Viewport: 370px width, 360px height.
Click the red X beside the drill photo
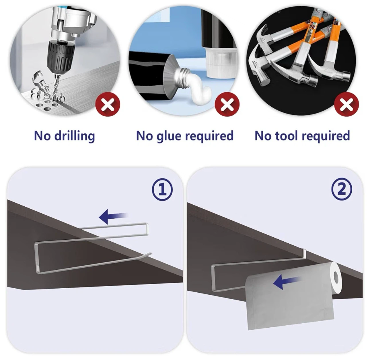point(108,104)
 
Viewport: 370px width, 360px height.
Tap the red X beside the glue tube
point(227,104)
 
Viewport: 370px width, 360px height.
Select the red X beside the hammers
point(346,104)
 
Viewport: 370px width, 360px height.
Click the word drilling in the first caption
point(75,136)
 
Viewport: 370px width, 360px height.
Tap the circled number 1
point(162,190)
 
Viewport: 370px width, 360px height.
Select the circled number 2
point(342,189)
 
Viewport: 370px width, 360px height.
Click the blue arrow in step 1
point(113,217)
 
